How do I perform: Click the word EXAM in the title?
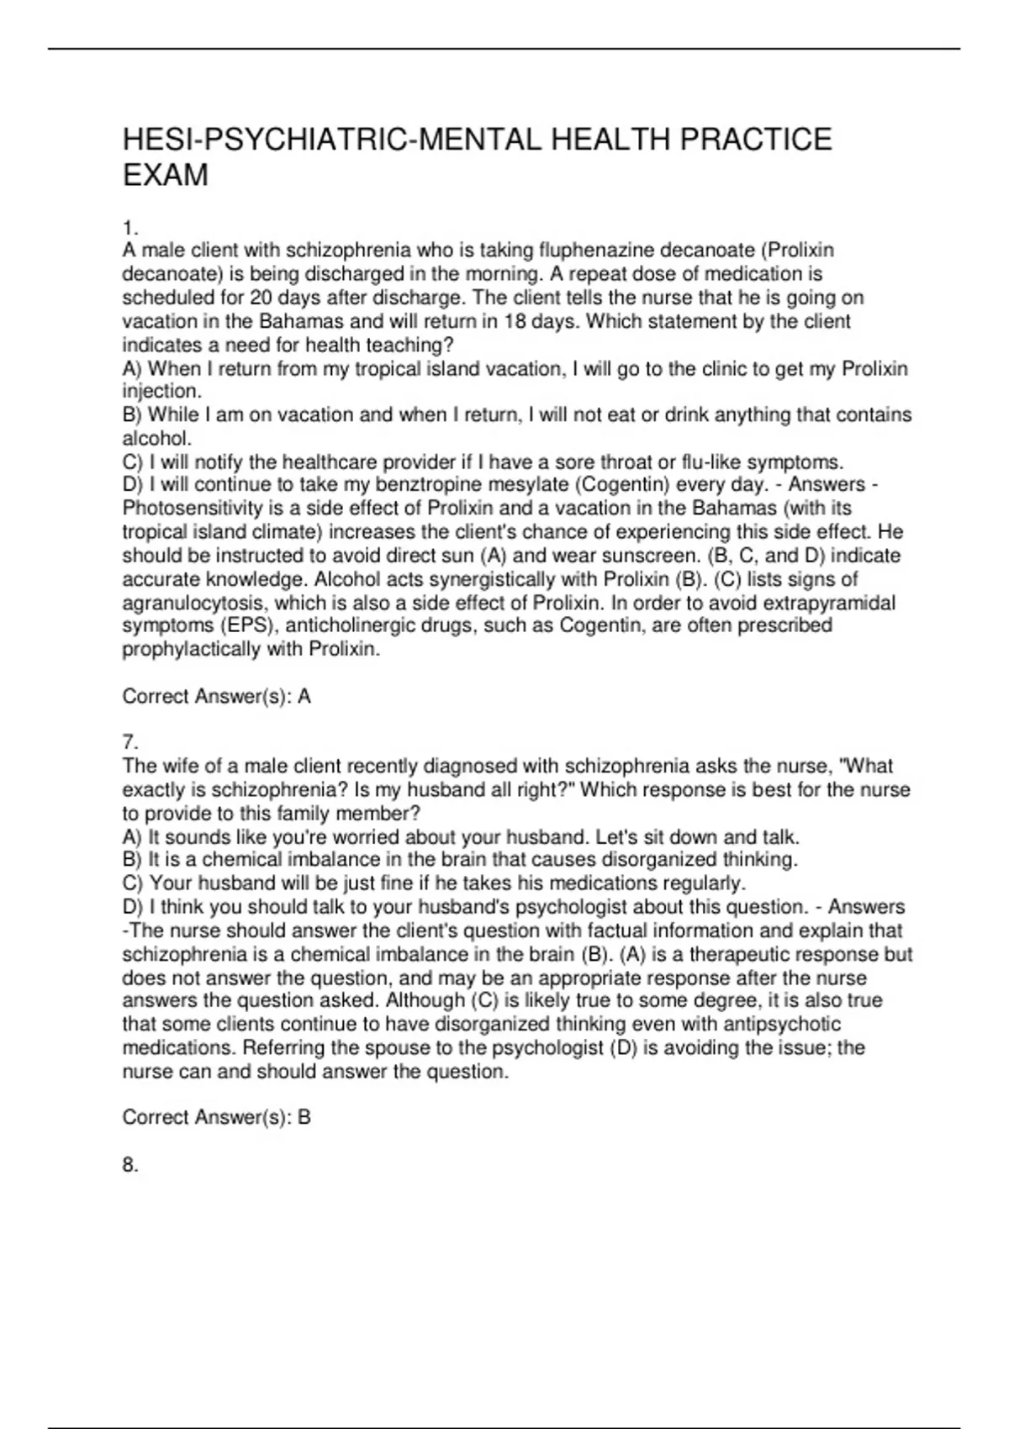(x=166, y=176)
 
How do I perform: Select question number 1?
(x=129, y=228)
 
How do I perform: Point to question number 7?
(x=129, y=742)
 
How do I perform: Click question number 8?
(x=129, y=1165)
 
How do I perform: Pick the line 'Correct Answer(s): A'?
(x=217, y=696)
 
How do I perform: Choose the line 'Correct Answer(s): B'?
(x=217, y=1117)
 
